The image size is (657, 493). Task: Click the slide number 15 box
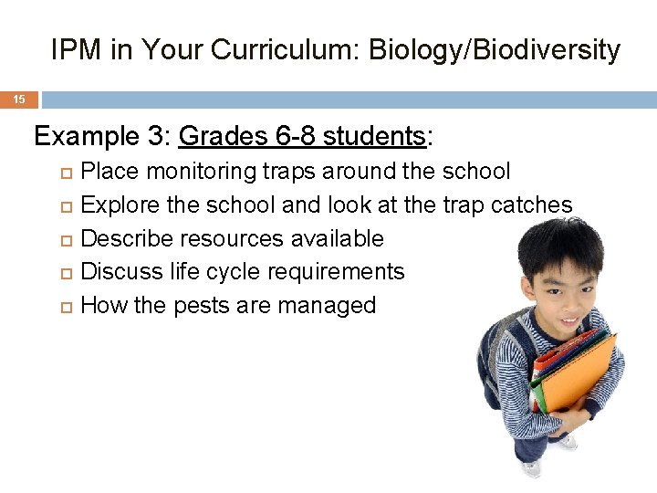18,100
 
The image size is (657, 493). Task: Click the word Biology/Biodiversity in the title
494,50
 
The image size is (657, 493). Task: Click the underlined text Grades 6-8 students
302,137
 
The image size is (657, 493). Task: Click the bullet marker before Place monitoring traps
63,173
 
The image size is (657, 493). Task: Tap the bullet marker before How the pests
63,307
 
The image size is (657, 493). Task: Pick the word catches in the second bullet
531,205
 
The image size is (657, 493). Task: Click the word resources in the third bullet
233,239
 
